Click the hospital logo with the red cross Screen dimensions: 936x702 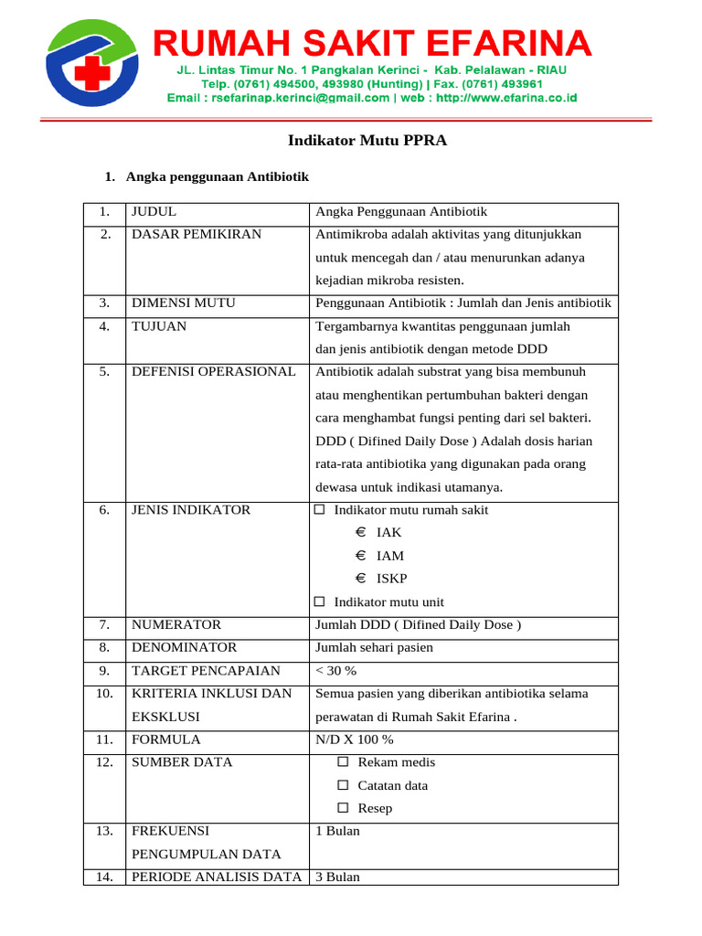tap(92, 62)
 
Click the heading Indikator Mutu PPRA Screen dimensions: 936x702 tap(367, 141)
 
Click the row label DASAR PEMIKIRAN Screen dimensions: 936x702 tap(197, 234)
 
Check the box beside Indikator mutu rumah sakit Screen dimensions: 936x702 tap(319, 510)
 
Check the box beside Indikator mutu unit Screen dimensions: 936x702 tap(319, 602)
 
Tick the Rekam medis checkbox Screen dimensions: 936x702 tap(343, 762)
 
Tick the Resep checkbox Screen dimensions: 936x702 tap(343, 808)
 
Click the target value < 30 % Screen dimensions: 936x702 tap(335, 671)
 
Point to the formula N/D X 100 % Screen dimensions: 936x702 tap(354, 739)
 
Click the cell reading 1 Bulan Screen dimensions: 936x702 tap(337, 831)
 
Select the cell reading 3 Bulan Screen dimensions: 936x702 tap(337, 877)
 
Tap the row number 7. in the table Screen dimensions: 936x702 tap(105, 625)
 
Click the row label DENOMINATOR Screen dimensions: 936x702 tap(184, 648)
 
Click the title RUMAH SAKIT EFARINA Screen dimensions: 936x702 tap(371, 43)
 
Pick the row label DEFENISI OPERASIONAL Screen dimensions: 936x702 tap(214, 372)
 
